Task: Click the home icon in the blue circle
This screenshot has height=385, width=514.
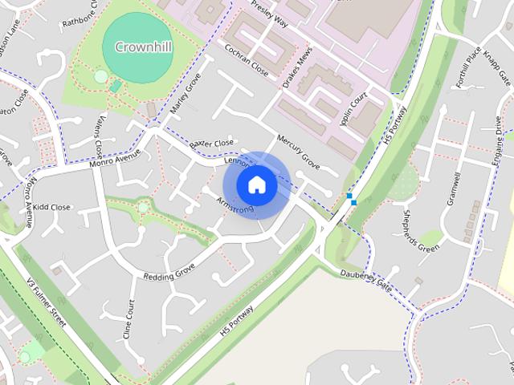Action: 256,184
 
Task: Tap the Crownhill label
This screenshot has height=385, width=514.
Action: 143,47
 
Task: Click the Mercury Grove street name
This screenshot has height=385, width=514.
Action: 298,152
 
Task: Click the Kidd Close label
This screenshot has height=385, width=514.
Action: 51,207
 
